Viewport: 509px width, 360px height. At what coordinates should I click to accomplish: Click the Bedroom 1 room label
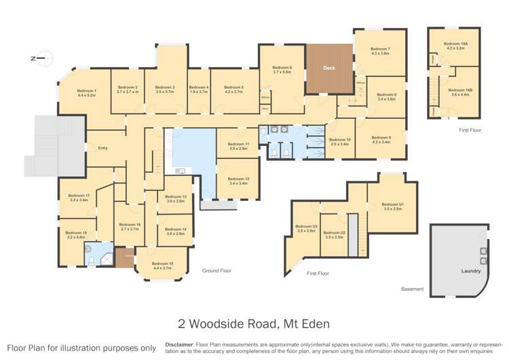point(86,91)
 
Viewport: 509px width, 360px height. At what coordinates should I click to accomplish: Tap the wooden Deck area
point(329,69)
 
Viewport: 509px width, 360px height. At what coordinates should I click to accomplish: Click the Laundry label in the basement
point(471,270)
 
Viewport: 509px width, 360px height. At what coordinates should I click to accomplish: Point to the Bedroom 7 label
point(380,50)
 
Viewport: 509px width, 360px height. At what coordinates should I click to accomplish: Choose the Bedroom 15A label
point(451,43)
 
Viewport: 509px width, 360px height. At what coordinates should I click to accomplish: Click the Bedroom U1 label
point(392,204)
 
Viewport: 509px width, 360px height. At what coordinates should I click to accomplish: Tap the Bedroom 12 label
point(239,179)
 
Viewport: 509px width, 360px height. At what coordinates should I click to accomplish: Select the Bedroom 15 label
point(162,264)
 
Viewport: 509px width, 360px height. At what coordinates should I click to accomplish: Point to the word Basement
point(412,289)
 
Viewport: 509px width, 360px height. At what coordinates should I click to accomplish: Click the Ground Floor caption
point(216,270)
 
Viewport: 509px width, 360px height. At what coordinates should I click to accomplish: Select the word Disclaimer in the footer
point(179,345)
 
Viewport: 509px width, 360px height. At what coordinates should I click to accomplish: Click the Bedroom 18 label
point(77,234)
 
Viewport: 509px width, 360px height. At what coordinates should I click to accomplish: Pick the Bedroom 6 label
point(282,67)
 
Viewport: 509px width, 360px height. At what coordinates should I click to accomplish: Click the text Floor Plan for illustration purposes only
point(81,348)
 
